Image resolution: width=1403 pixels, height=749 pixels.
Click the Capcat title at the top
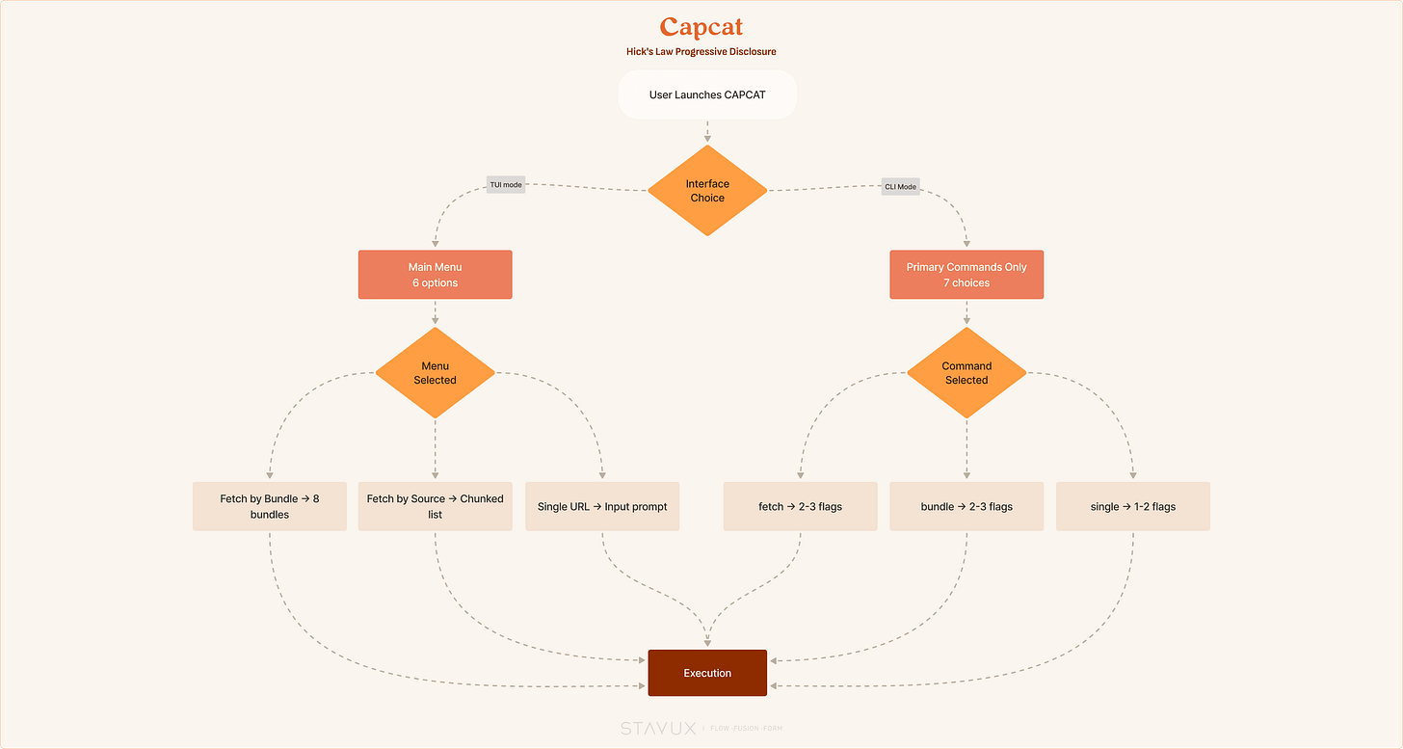[x=701, y=27]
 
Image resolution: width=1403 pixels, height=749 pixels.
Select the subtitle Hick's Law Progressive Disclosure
[x=701, y=51]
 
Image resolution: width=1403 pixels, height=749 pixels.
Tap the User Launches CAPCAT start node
[x=707, y=94]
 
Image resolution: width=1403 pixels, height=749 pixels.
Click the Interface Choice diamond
[x=707, y=191]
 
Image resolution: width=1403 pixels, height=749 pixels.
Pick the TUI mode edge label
[x=506, y=185]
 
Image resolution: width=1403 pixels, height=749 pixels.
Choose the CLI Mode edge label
[x=900, y=187]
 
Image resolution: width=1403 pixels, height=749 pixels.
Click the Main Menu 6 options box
[x=435, y=275]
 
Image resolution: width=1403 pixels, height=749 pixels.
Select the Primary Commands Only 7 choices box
[x=966, y=275]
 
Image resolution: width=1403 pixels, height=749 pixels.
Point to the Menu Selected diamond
[x=435, y=373]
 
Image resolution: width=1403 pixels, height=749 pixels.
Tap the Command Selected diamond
[x=966, y=373]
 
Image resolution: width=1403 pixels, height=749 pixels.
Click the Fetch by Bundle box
[x=270, y=506]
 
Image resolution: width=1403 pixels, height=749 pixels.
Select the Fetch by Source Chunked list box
[x=435, y=506]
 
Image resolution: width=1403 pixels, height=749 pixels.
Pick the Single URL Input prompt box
[x=602, y=506]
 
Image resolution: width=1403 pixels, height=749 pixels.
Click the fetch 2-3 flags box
[x=800, y=506]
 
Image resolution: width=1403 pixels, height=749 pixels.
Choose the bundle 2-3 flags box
[x=966, y=506]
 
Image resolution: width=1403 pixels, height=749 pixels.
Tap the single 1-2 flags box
[x=1133, y=506]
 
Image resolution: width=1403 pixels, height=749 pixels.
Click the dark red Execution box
[x=707, y=673]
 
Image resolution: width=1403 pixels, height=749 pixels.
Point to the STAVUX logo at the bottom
[x=657, y=729]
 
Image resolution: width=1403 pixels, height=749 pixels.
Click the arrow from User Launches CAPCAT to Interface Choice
[x=707, y=131]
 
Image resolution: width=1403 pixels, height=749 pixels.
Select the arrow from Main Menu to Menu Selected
[x=435, y=312]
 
